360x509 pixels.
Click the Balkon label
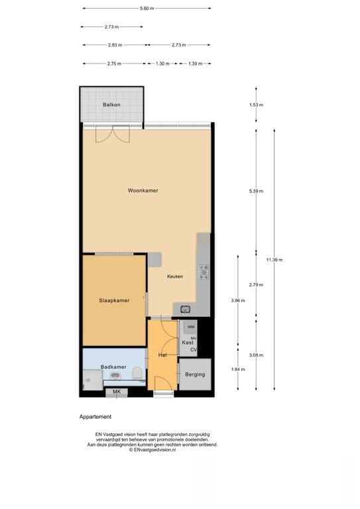[111, 105]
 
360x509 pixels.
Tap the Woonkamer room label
[143, 191]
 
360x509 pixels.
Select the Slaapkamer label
[114, 301]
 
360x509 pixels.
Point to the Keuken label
[175, 276]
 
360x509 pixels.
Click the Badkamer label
[113, 367]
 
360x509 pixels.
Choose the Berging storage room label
[195, 374]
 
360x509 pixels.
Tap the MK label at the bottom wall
[117, 392]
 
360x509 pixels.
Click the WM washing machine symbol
[191, 327]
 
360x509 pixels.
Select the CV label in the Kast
[194, 350]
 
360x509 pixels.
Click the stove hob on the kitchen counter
[204, 272]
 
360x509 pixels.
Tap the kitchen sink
[186, 310]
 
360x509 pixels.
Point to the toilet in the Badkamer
[137, 373]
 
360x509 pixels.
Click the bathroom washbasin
[115, 376]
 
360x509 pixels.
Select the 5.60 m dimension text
[147, 9]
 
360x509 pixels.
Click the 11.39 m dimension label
[274, 260]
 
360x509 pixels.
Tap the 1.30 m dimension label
[162, 64]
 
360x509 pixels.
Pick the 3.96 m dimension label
[238, 301]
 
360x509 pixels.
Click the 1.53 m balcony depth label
[256, 105]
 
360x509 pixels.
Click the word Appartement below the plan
[95, 417]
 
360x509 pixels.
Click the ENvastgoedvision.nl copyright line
[152, 450]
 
